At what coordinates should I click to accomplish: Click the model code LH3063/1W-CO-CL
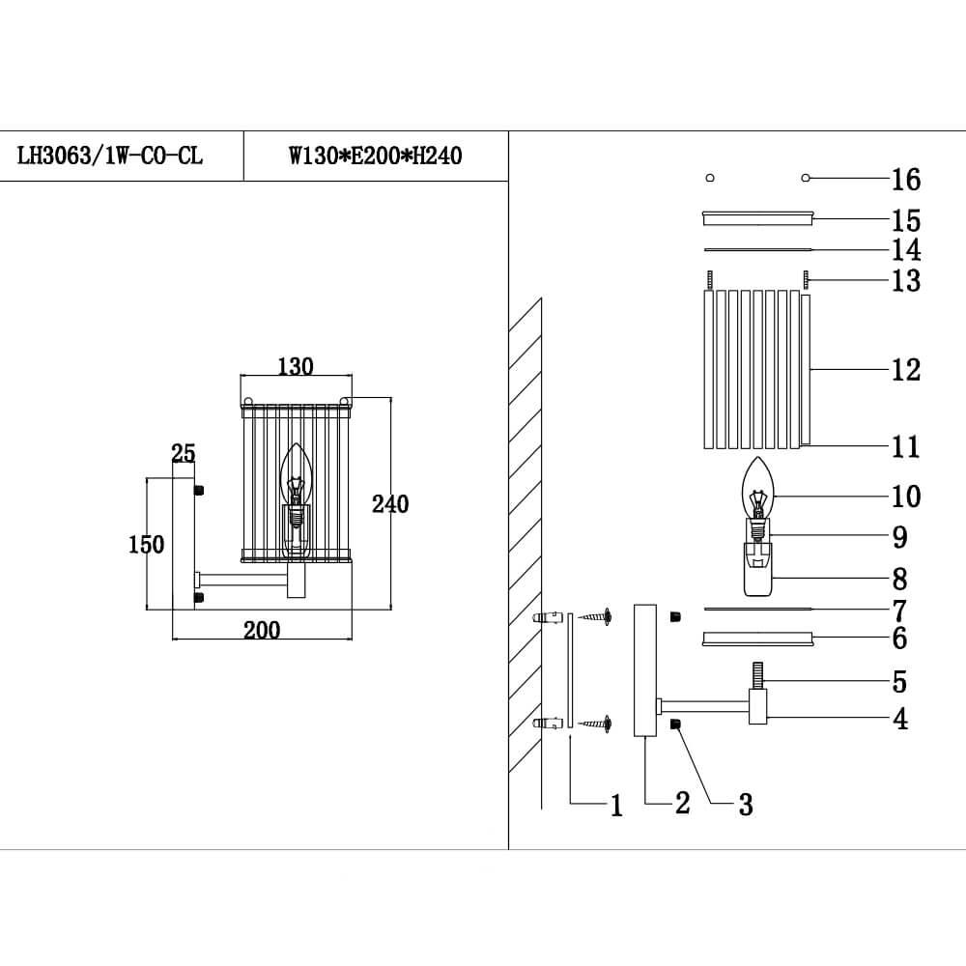pos(110,156)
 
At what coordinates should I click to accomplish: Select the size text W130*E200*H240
pos(375,156)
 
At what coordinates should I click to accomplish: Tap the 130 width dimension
pos(295,366)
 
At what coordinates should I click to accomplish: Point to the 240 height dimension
pos(390,503)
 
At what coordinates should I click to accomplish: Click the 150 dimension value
pos(146,544)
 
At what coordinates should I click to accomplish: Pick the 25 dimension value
pos(184,453)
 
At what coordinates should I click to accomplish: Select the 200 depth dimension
pos(261,630)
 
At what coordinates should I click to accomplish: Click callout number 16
pos(906,180)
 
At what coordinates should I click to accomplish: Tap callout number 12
pos(906,369)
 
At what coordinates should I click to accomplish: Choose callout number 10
pos(906,497)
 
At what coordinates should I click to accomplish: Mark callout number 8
pos(899,580)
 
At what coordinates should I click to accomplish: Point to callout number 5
pos(899,682)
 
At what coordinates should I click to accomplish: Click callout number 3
pos(745,804)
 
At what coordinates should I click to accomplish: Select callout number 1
pos(616,806)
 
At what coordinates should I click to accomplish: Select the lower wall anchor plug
pos(549,723)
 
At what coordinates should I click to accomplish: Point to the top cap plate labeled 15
pos(758,218)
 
